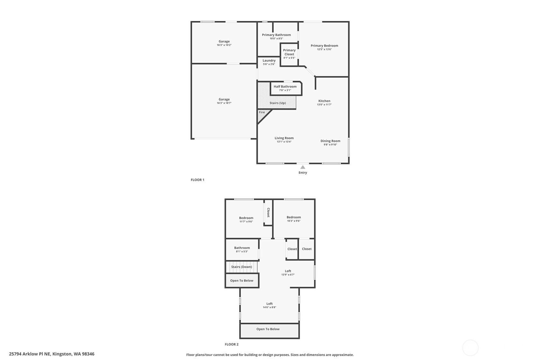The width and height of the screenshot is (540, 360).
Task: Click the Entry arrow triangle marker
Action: tap(303, 167)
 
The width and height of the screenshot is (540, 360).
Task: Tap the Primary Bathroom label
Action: tap(276, 35)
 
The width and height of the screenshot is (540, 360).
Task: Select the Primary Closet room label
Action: tap(289, 52)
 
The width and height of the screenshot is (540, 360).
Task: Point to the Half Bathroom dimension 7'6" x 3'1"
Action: tap(285, 90)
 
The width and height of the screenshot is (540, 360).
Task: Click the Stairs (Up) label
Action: tap(278, 103)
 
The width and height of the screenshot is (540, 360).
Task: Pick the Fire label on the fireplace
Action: tap(262, 112)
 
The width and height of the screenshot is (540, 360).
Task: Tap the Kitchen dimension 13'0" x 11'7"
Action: tap(324, 105)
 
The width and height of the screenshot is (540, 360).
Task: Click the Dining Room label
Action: tap(330, 141)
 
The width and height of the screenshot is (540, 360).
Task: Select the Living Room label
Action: tap(284, 138)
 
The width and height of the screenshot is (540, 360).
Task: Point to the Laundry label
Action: tap(269, 60)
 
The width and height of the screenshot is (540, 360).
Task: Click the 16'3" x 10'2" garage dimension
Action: tap(224, 45)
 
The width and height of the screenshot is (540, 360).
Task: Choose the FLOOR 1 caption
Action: tap(197, 180)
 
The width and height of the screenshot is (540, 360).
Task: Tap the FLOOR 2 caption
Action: tap(232, 344)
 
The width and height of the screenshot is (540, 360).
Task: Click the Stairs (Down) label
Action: tap(242, 267)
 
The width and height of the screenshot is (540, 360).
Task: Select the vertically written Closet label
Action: tap(268, 212)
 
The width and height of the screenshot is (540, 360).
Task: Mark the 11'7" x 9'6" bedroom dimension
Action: tap(246, 222)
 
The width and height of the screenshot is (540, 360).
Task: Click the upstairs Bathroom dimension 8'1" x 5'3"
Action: tap(242, 251)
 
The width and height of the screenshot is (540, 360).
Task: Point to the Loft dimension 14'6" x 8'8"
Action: tap(270, 307)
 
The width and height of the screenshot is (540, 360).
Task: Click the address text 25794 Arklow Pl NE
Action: tap(30, 354)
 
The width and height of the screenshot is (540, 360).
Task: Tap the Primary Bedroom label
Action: tap(324, 46)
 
